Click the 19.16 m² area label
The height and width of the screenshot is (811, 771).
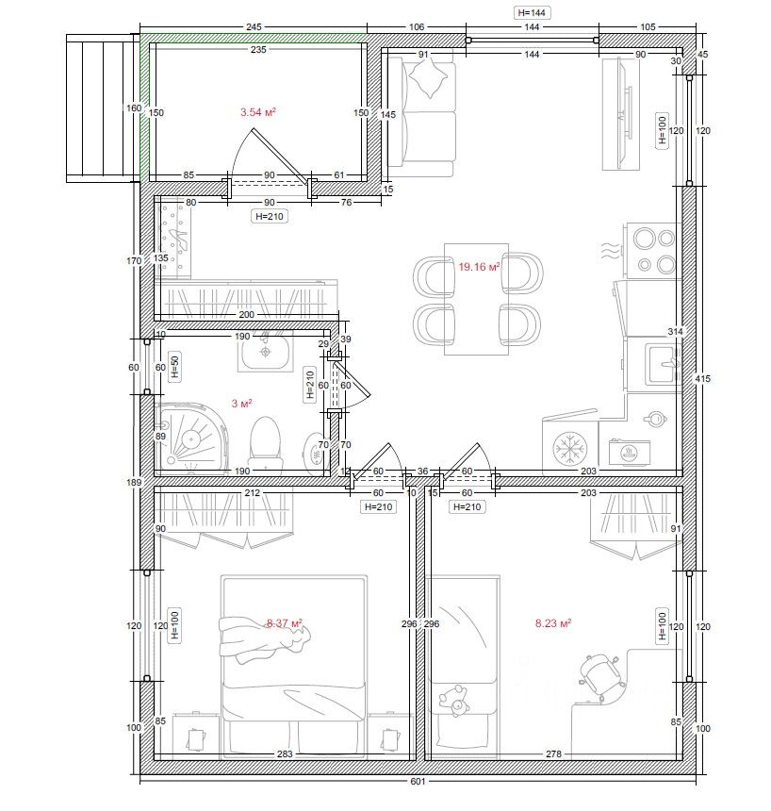(479, 267)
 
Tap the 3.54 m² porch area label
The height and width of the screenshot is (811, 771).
(258, 111)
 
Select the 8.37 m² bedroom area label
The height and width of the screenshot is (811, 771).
(285, 623)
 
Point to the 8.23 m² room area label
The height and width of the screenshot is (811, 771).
(552, 623)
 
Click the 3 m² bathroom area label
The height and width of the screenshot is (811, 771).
(241, 403)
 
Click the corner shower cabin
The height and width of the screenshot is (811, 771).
(190, 439)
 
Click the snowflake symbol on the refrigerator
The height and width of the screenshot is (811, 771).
(568, 449)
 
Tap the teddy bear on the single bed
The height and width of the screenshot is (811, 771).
(454, 701)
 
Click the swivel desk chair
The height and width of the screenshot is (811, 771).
(599, 675)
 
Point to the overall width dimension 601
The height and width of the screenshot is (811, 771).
(418, 781)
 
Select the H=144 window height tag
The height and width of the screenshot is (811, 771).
(532, 13)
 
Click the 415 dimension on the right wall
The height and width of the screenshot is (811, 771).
(702, 378)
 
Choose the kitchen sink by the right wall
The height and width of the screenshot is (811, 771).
(664, 364)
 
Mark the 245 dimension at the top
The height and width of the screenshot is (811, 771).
(254, 27)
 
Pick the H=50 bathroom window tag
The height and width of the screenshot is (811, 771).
(174, 366)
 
